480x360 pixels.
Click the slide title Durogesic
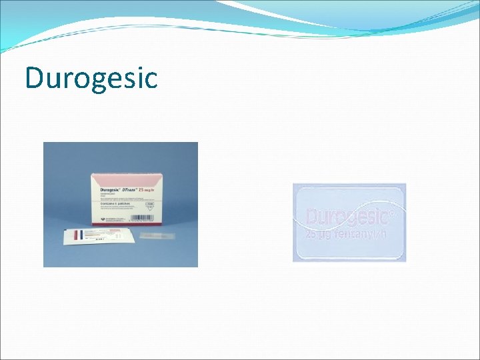click(91, 77)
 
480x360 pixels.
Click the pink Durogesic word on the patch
click(347, 217)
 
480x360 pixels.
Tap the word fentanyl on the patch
click(356, 235)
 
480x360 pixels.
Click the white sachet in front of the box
click(100, 237)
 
